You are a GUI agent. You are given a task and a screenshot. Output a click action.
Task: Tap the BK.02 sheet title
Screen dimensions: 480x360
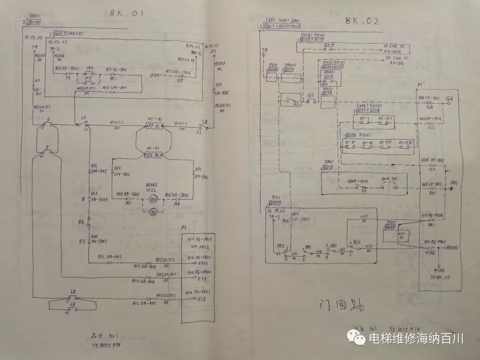pos(362,20)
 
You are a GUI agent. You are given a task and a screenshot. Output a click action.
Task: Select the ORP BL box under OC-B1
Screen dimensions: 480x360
pos(154,127)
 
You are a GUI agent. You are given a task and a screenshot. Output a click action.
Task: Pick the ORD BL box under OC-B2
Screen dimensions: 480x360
pos(154,155)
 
